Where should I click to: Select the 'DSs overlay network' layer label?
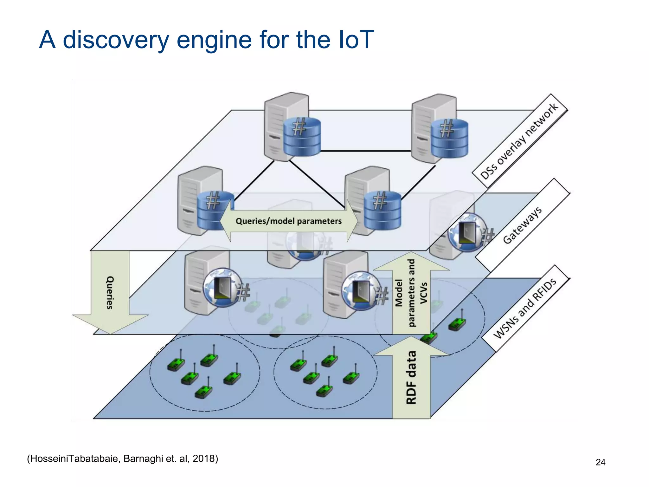520,141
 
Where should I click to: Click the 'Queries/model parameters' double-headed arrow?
288,221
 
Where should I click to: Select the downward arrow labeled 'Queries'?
110,292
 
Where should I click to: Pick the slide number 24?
600,462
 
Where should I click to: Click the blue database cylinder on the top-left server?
302,137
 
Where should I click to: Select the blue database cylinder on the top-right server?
449,139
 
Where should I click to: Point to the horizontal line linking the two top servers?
366,151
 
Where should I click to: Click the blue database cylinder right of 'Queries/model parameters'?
382,211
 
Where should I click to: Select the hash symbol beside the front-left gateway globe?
243,292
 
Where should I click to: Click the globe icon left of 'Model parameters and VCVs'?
360,290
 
